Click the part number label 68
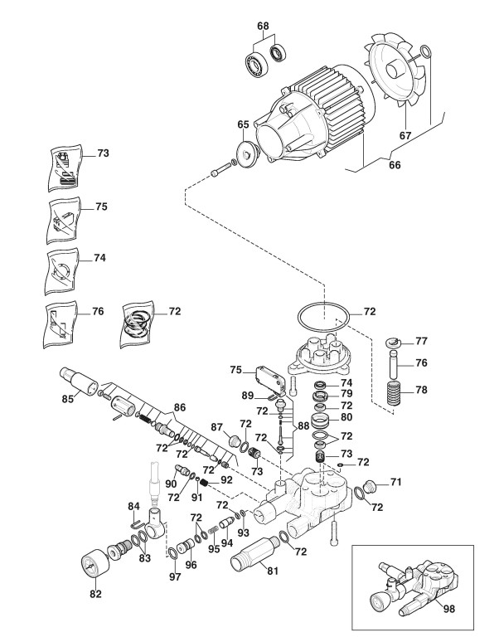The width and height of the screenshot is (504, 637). (263, 26)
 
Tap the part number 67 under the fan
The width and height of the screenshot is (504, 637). (405, 135)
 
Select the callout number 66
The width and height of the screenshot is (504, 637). (395, 165)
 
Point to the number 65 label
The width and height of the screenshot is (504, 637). (243, 124)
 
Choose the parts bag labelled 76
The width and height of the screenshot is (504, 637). (60, 324)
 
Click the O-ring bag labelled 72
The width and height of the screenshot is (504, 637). (138, 324)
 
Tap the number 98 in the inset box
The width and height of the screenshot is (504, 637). (448, 608)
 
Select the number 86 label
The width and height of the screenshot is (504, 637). (180, 407)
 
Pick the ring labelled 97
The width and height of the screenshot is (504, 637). (172, 553)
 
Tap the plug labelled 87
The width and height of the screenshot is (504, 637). (235, 441)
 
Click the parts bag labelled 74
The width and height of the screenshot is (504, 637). (61, 272)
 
